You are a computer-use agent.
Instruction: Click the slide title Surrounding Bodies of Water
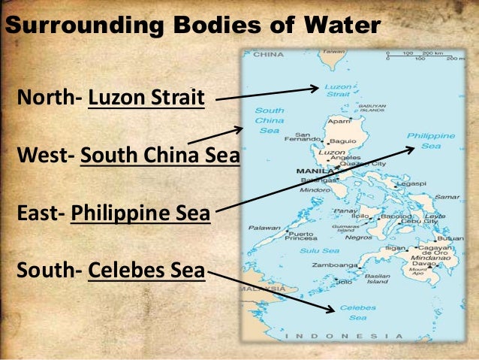tap(192, 26)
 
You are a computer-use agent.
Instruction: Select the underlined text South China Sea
tap(158, 157)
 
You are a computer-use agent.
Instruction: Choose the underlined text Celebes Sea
tap(146, 268)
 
